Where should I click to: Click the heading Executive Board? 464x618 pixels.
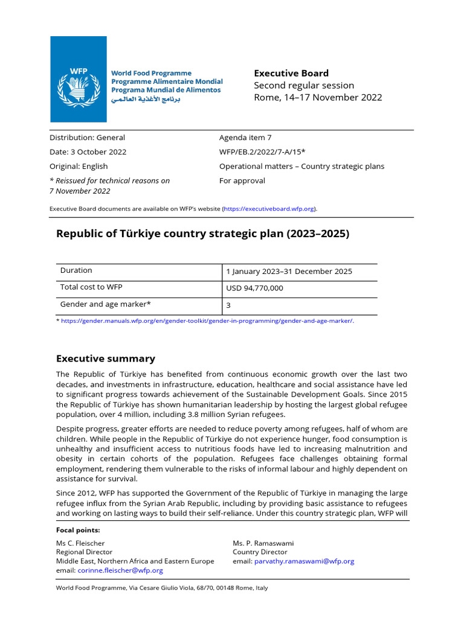(x=291, y=73)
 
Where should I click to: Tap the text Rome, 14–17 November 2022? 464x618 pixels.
(x=318, y=97)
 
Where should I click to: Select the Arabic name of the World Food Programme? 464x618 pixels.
(x=145, y=99)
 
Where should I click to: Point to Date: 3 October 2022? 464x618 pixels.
(x=88, y=152)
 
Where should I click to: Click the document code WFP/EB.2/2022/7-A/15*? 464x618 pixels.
(x=262, y=152)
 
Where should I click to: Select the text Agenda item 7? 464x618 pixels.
(x=245, y=138)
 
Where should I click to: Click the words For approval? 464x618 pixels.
(x=242, y=180)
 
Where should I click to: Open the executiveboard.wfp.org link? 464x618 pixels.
(x=269, y=209)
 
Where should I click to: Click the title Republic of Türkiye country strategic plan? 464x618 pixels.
(x=202, y=234)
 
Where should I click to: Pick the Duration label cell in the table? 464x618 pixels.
(x=76, y=271)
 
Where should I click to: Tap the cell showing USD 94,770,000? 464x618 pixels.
(x=254, y=288)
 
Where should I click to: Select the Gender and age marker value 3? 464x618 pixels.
(x=228, y=306)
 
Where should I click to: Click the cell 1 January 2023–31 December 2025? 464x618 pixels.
(x=289, y=272)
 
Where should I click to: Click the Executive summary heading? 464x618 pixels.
(x=105, y=358)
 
